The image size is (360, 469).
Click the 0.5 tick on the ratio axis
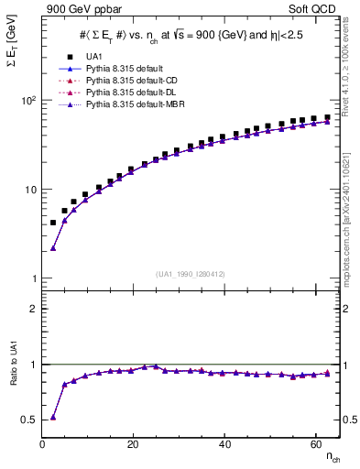pos(27,420)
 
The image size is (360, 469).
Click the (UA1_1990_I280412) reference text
pos(191,275)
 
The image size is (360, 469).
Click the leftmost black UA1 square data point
pos(53,223)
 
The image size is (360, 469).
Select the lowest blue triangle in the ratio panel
pos(53,417)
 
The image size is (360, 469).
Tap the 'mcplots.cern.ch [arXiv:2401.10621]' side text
pos(351,211)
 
